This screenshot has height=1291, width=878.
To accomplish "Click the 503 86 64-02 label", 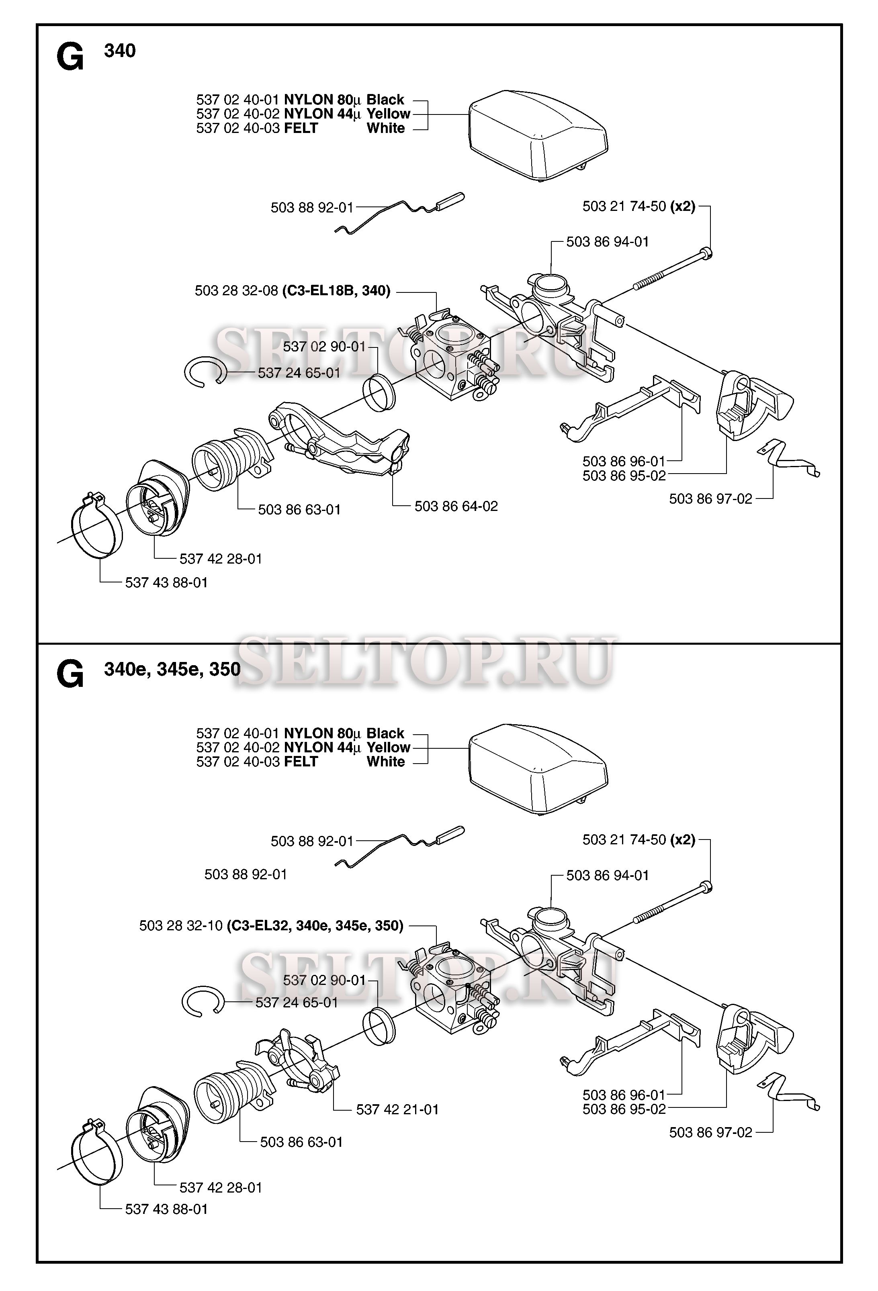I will point(456,506).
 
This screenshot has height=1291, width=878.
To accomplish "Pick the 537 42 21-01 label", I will point(397,1109).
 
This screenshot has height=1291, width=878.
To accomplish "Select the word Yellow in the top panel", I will point(388,114).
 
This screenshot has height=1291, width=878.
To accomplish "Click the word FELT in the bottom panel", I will point(301,762).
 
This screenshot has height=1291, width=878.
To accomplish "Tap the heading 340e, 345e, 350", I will point(172,669).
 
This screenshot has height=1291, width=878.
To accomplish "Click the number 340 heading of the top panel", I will point(119,51).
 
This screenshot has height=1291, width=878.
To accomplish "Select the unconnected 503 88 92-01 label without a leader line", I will point(246,874).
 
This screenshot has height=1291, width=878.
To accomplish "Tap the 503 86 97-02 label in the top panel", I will point(710,499).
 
